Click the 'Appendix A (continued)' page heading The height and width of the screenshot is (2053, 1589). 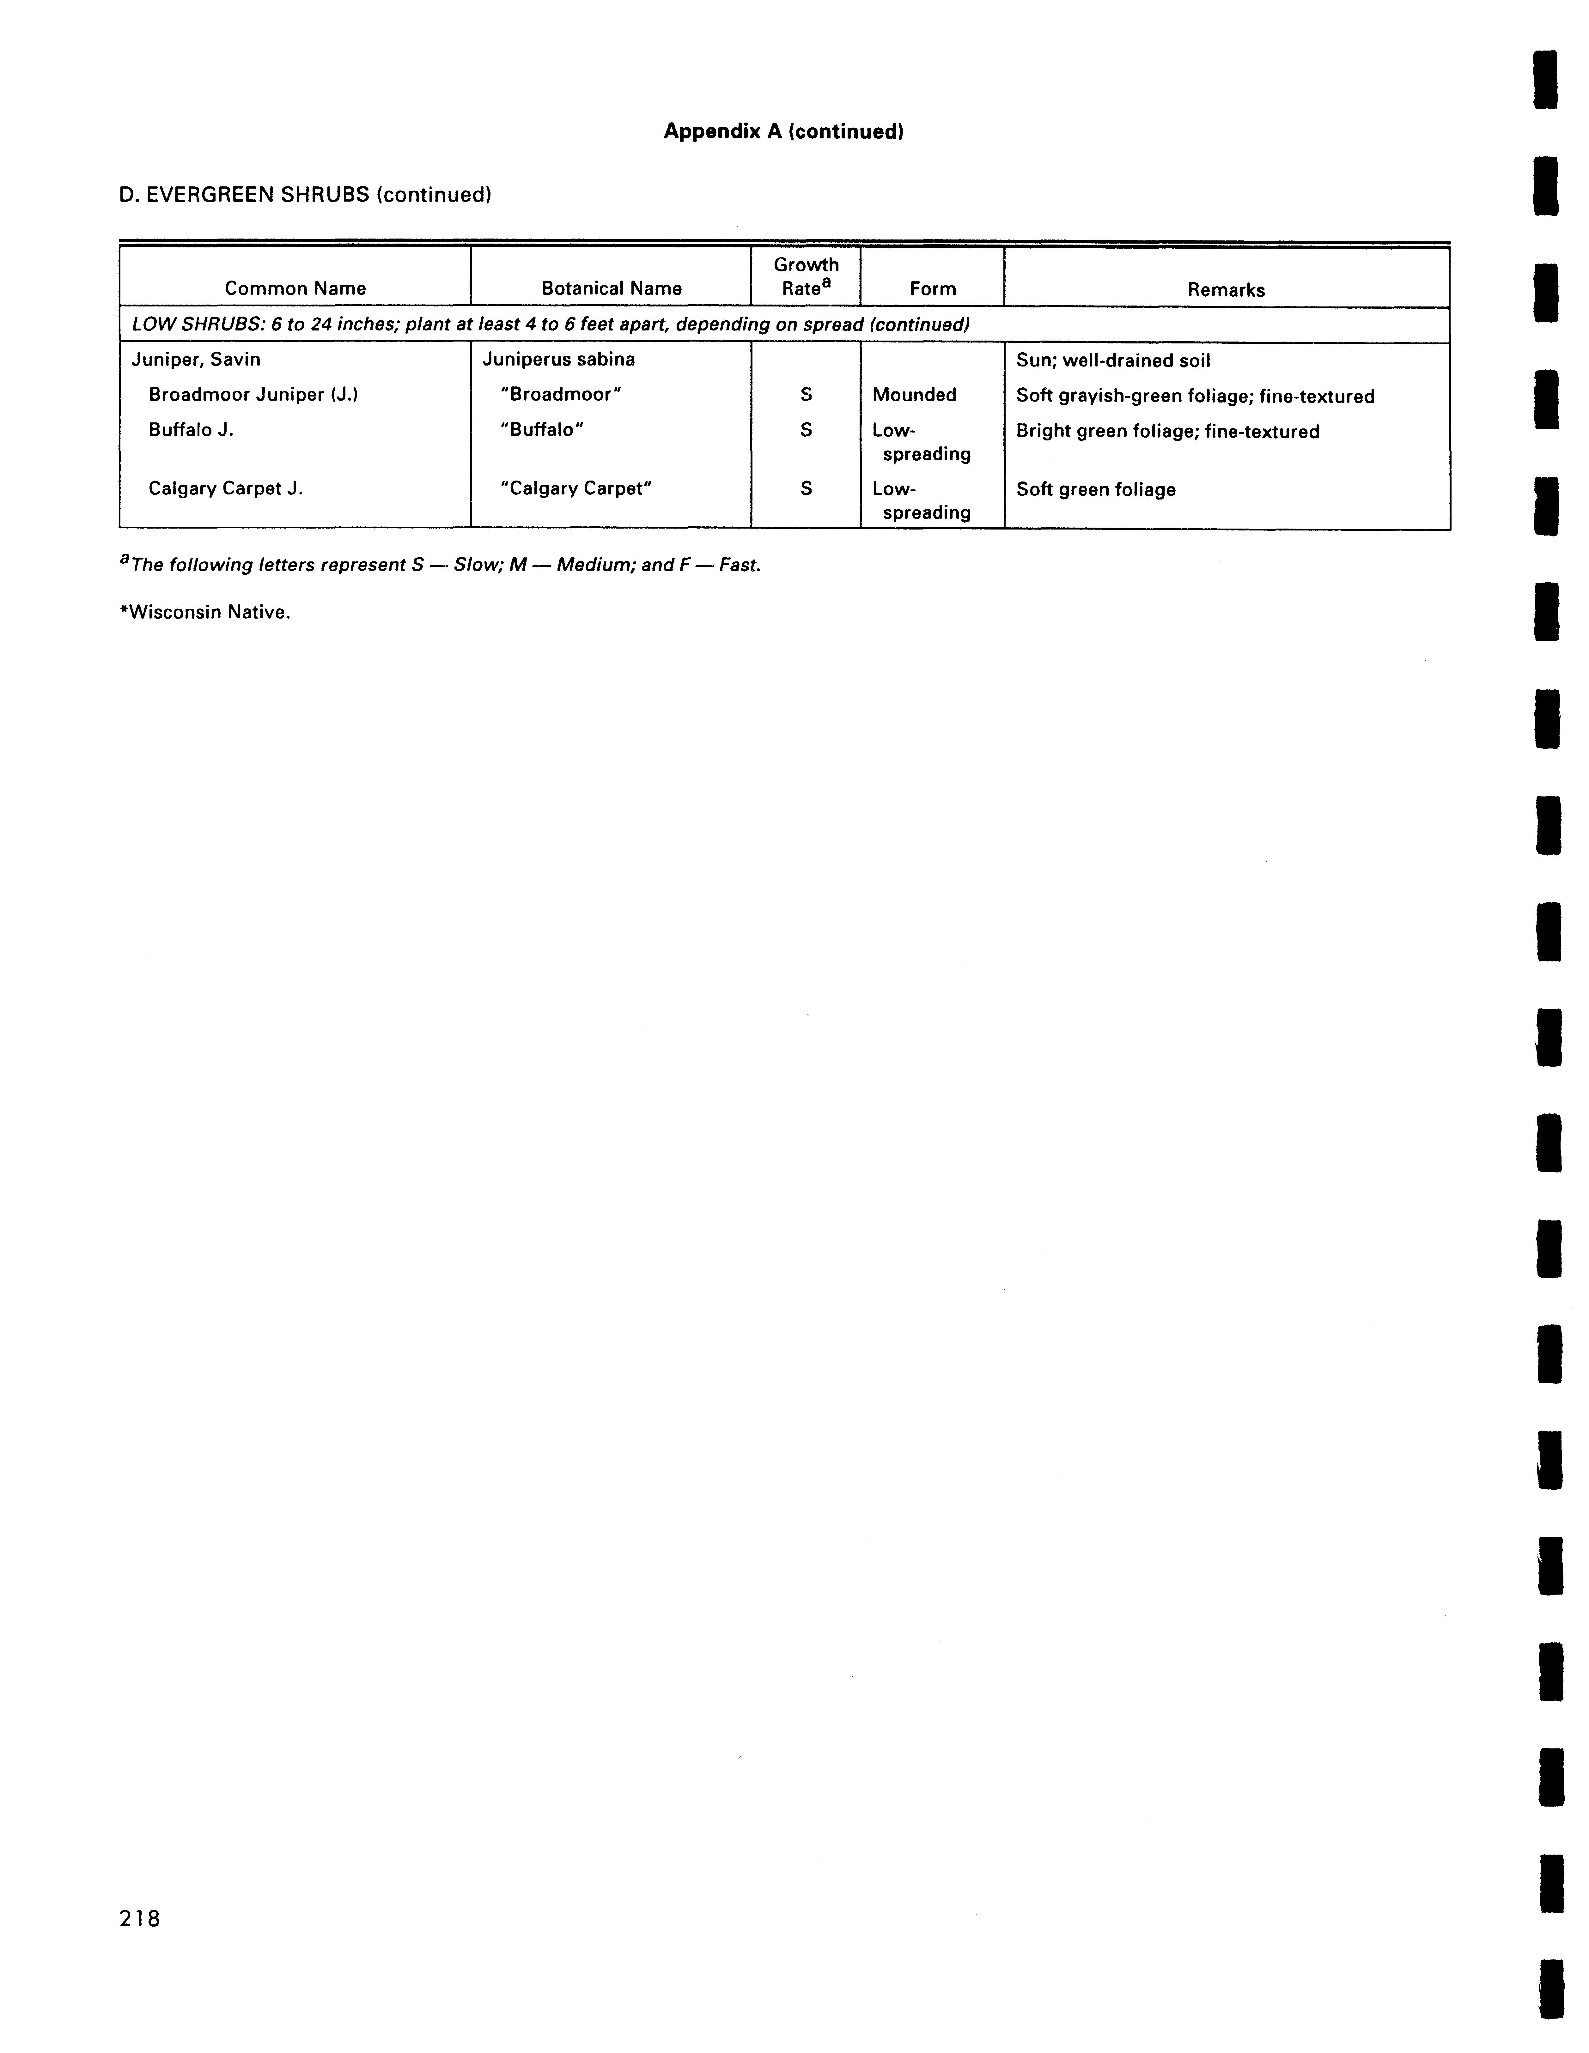pyautogui.click(x=783, y=132)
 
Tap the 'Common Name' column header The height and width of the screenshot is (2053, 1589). pyautogui.click(x=295, y=288)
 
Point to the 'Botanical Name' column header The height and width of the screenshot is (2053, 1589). pyautogui.click(x=611, y=288)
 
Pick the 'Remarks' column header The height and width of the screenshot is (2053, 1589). pyautogui.click(x=1226, y=289)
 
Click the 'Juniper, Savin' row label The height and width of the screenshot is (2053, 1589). pyautogui.click(x=196, y=359)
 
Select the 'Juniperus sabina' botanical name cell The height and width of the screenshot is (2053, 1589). pyautogui.click(x=558, y=359)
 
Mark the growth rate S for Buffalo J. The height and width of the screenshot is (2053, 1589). pyautogui.click(x=806, y=431)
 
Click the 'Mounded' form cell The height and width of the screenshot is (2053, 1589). pyautogui.click(x=914, y=395)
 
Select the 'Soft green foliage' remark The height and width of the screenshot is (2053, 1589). pyautogui.click(x=1095, y=490)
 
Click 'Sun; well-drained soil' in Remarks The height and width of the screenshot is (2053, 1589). pyautogui.click(x=1113, y=360)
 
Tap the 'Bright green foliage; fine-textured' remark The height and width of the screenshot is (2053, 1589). pyautogui.click(x=1168, y=432)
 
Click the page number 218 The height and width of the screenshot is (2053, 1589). pyautogui.click(x=140, y=1919)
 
